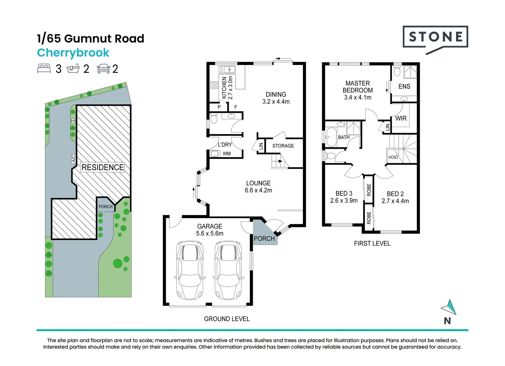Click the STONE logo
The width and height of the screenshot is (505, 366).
pos(435,37)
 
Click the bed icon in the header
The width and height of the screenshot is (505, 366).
pos(44,68)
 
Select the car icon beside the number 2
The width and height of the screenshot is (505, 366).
pos(103,69)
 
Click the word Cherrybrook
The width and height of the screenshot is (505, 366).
pos(73,53)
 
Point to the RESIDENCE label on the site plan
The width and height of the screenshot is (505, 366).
pos(103,167)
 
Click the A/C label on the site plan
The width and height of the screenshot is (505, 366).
pos(73,159)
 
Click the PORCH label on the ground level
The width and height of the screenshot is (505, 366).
pos(264,239)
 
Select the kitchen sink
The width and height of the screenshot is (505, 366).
pos(227,70)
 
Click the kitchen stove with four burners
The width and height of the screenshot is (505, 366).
pos(214,85)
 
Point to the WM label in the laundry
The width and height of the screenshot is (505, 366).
pos(227,154)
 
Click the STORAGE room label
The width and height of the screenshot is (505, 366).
pos(283,146)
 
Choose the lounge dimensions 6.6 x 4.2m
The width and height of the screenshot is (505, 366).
pos(258,190)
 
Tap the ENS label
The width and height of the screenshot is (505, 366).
pos(404,86)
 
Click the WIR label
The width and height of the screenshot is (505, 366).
pos(401,118)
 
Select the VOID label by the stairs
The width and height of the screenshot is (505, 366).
pos(393,157)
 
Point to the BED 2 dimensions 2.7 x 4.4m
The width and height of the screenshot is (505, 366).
pos(395,201)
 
